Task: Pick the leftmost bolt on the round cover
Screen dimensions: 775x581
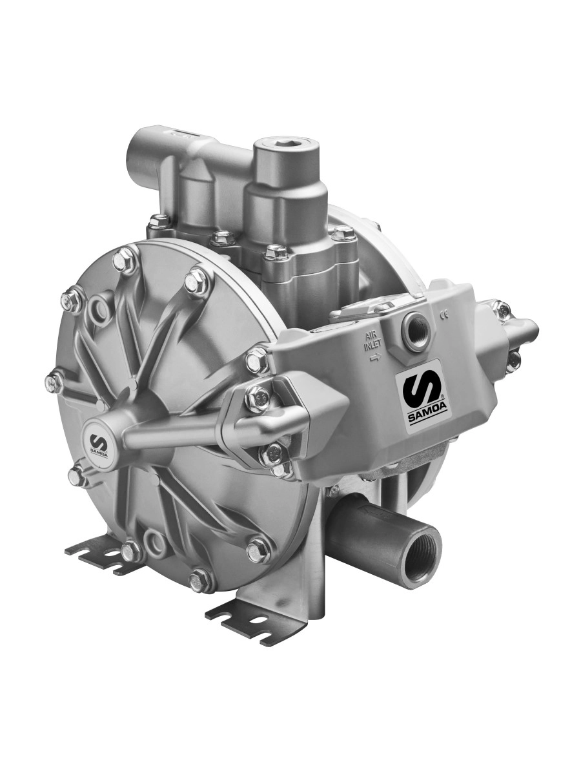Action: pos(54,382)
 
